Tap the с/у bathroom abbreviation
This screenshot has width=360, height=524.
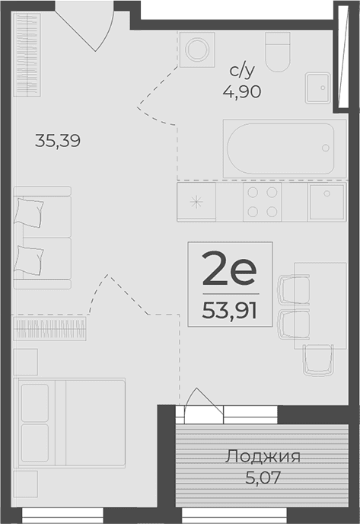tap(243, 72)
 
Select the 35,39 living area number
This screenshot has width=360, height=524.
tap(58, 140)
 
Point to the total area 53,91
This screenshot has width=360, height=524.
tap(230, 310)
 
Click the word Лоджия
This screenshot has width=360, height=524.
tap(263, 457)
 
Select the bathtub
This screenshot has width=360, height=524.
tap(279, 147)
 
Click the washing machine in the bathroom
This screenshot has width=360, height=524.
tap(198, 50)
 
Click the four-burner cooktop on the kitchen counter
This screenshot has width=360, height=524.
tap(263, 202)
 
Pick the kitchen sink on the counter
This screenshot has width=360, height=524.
tap(328, 202)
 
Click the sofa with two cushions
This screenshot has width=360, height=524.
tap(42, 238)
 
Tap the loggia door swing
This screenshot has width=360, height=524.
tap(201, 402)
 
